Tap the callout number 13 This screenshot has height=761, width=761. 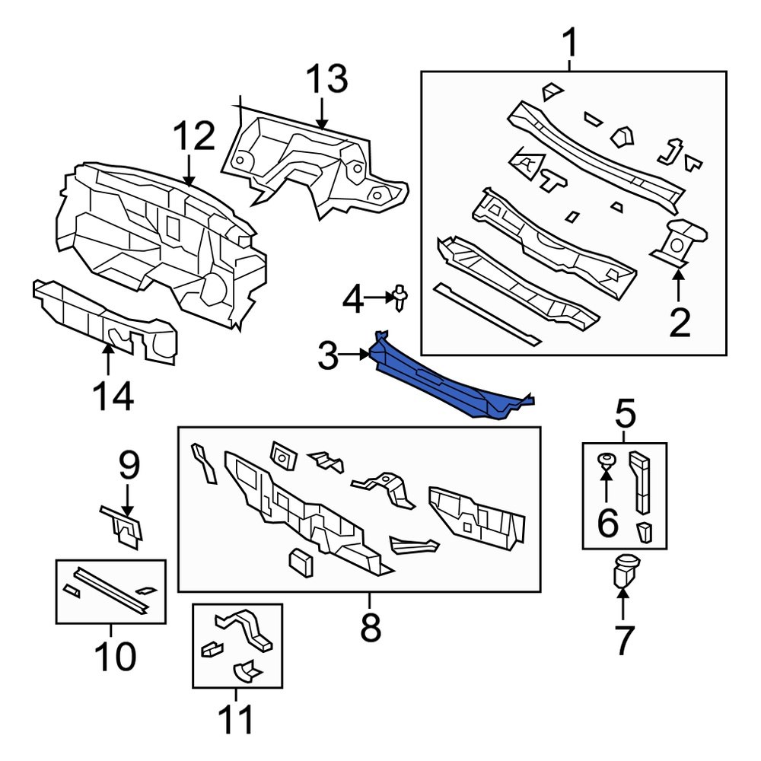326,80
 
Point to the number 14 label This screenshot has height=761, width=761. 113,397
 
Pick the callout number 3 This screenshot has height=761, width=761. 327,355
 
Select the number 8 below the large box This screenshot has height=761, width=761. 370,628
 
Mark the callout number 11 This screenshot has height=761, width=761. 236,721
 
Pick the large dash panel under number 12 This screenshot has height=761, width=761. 160,236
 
